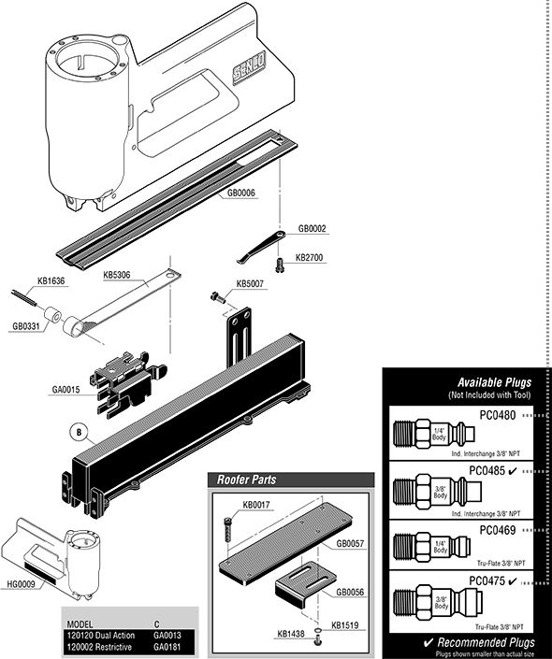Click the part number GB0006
(241, 193)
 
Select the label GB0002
(312, 228)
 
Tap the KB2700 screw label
(310, 257)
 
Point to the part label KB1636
(51, 280)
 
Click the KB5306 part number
(117, 276)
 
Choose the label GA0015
(66, 390)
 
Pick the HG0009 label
(22, 585)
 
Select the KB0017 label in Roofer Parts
(256, 506)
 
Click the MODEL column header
(76, 622)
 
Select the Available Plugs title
(494, 383)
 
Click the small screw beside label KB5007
(220, 297)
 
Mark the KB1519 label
(344, 625)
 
